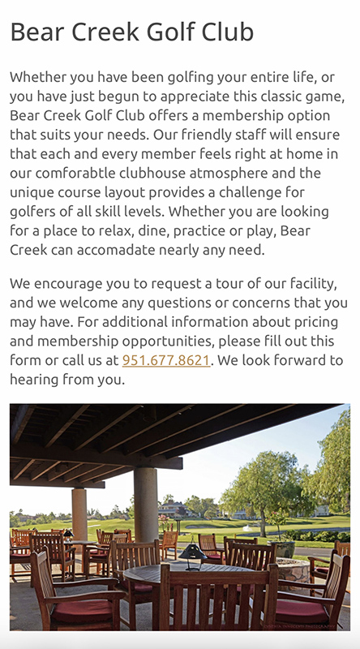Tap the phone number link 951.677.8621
[x=166, y=360]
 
